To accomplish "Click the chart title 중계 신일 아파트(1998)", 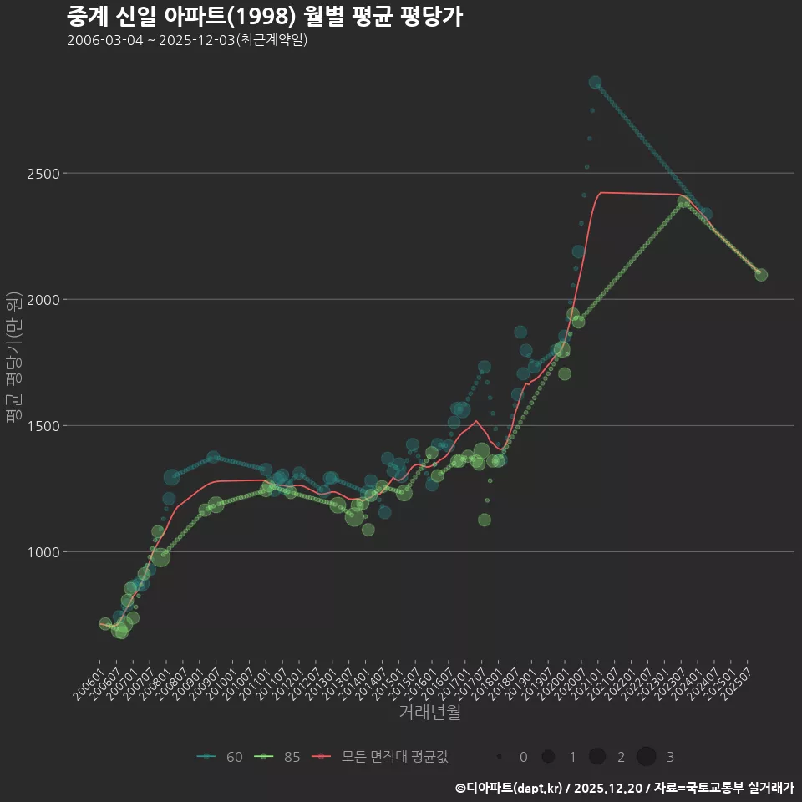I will pos(264,17).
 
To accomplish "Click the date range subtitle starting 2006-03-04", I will pos(187,40).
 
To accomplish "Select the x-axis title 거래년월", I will pos(429,713).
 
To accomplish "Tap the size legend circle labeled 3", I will pos(647,757).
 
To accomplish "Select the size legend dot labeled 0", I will pos(500,757).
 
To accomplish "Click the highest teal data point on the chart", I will pos(595,82).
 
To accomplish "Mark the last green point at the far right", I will pos(761,275).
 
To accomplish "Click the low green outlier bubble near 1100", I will pos(485,520).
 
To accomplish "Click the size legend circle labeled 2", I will pos(597,757).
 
